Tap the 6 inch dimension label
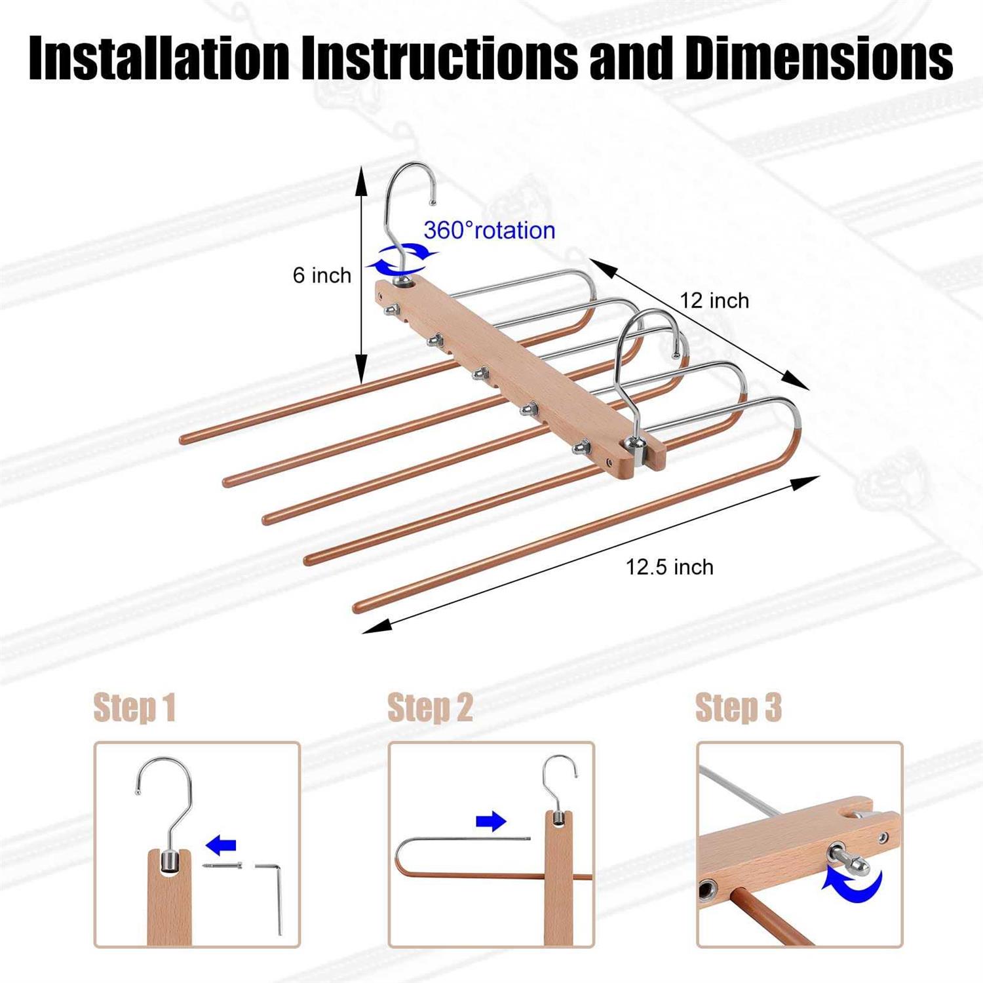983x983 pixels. [322, 275]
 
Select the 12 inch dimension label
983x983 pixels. [714, 301]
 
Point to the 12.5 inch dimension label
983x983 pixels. [669, 567]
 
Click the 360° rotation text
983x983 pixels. [489, 231]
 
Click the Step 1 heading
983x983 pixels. [134, 708]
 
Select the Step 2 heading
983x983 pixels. [430, 708]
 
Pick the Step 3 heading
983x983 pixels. [738, 708]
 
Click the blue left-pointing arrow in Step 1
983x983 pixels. [221, 845]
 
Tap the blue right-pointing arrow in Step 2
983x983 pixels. [491, 821]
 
